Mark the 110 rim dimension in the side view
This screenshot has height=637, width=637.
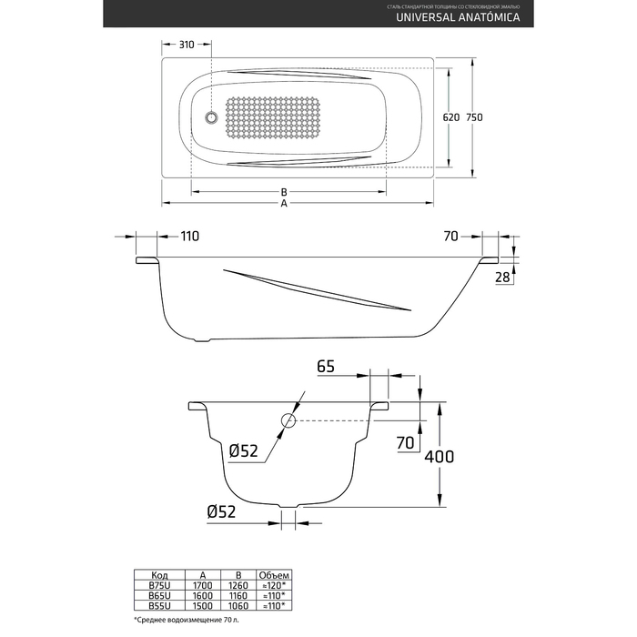189,237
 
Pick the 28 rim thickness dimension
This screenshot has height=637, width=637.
502,278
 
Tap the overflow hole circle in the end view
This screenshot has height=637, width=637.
288,420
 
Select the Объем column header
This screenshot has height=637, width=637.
274,574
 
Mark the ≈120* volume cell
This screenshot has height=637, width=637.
274,584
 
